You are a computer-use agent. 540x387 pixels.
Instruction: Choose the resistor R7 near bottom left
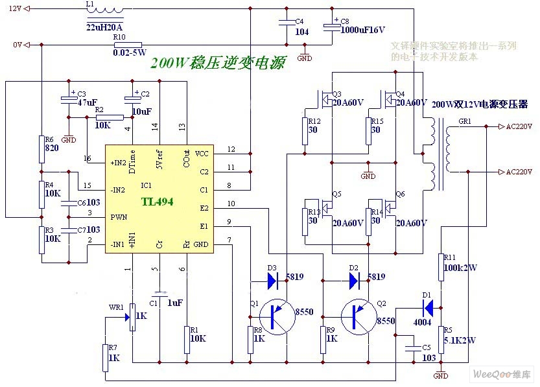pos(106,357)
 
